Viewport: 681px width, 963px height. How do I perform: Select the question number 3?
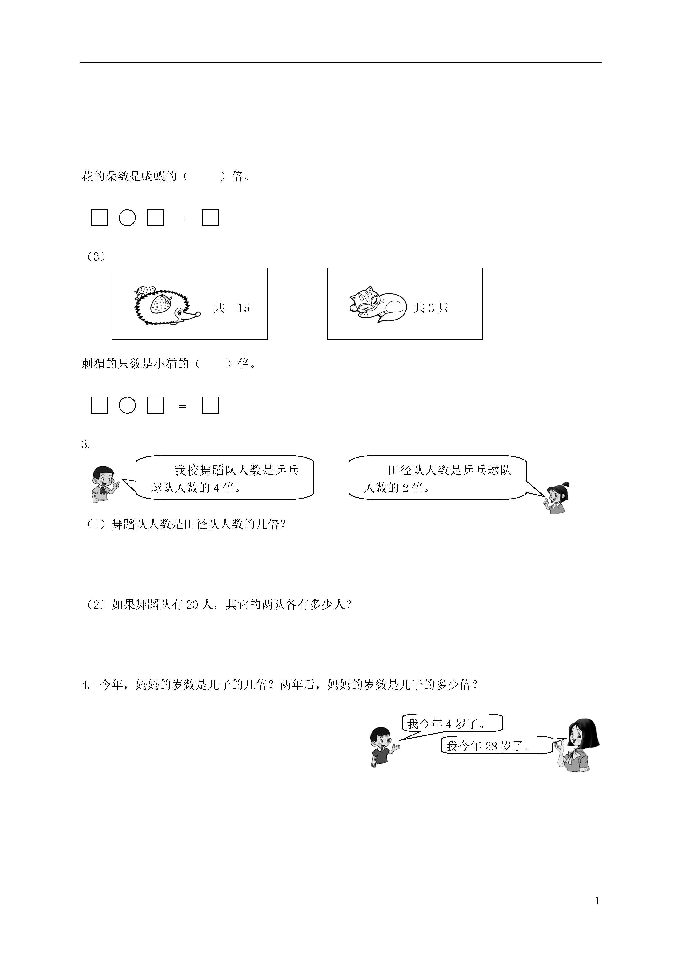(86, 445)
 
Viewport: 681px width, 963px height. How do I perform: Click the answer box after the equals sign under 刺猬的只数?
(211, 405)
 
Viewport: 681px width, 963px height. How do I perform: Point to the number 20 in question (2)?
(192, 604)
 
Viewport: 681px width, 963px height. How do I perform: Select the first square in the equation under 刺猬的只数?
(100, 405)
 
